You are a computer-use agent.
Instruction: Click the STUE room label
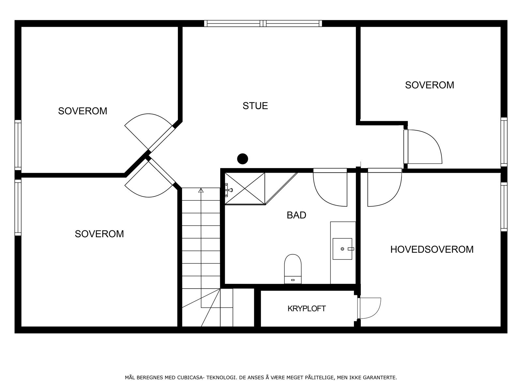coord(255,106)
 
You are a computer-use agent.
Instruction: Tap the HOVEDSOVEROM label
coord(432,249)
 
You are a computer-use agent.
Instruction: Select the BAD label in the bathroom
coord(296,215)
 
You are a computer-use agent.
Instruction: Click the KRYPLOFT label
coord(307,309)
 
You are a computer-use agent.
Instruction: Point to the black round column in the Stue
coord(242,159)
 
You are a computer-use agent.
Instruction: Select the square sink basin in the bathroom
coord(342,249)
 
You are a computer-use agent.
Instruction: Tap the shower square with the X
coord(245,188)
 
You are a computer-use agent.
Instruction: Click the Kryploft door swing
coord(370,308)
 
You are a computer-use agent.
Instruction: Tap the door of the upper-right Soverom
coord(422,147)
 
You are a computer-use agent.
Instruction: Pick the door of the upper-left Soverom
coord(148,130)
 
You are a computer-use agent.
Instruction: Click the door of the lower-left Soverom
coord(148,181)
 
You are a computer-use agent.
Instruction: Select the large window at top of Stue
coord(263,23)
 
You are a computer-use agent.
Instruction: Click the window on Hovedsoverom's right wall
coord(504,207)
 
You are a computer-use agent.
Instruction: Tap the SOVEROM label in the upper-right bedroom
coord(429,85)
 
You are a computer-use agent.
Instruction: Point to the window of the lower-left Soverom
coord(18,207)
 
